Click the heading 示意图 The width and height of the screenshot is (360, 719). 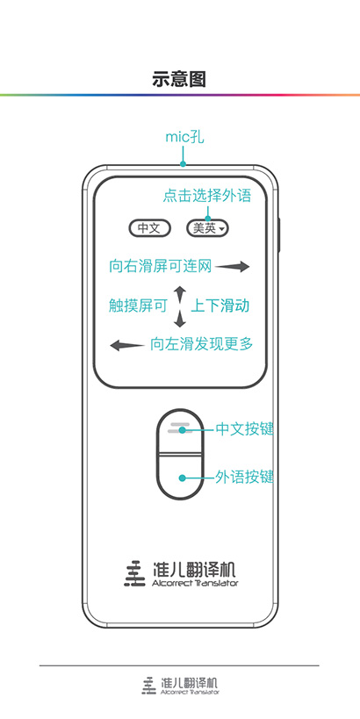coord(179,79)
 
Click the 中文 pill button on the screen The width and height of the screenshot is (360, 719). coord(149,228)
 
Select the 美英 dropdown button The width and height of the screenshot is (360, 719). coord(208,228)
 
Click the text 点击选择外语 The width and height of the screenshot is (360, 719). coord(207,196)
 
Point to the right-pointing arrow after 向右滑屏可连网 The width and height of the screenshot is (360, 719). coord(233,266)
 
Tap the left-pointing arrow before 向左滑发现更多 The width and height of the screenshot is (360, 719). coord(127,345)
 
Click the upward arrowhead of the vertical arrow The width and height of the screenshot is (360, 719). coord(180,293)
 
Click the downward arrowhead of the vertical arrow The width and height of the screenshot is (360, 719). coord(180,320)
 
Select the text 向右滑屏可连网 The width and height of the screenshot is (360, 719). coord(161,266)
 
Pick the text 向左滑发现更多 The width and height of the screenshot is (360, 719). coord(201,344)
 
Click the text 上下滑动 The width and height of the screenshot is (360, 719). coord(220,306)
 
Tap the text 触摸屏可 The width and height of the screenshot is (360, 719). coord(138,306)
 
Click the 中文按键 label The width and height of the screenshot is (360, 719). coord(244,429)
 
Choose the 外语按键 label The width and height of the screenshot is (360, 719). coord(244,478)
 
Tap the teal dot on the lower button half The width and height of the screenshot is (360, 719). coord(182,478)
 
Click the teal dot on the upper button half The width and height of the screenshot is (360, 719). coord(182,429)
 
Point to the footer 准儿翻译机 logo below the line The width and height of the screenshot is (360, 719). coord(180,685)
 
